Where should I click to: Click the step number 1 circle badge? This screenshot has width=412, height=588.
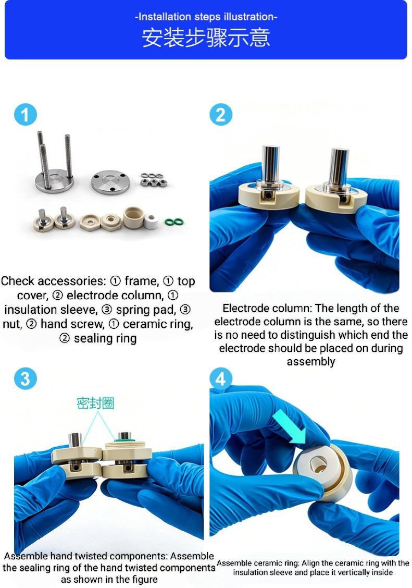pyautogui.click(x=26, y=115)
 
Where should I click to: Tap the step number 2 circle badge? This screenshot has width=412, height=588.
pyautogui.click(x=221, y=115)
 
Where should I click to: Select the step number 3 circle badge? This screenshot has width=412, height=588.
pyautogui.click(x=26, y=379)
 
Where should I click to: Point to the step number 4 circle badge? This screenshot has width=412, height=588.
pyautogui.click(x=221, y=379)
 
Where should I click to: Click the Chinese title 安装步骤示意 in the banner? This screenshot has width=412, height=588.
pyautogui.click(x=206, y=38)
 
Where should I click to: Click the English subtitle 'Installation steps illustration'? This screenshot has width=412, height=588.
pyautogui.click(x=206, y=17)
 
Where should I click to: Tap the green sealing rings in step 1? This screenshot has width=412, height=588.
pyautogui.click(x=174, y=222)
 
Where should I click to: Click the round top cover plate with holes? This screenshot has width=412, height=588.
pyautogui.click(x=110, y=182)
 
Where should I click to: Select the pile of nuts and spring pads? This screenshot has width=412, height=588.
pyautogui.click(x=154, y=180)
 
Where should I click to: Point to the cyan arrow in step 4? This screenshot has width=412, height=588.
pyautogui.click(x=290, y=427)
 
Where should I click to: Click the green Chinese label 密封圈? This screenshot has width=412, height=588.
pyautogui.click(x=95, y=403)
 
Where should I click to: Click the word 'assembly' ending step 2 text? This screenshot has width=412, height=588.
pyautogui.click(x=311, y=362)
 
